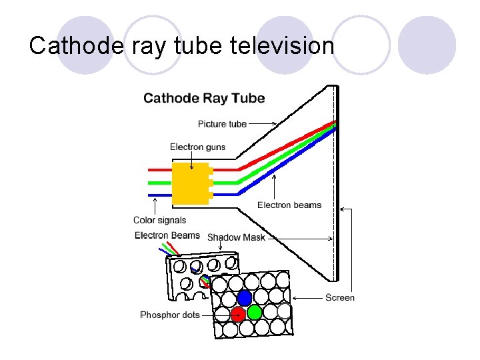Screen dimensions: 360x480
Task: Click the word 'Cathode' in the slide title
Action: click(67, 45)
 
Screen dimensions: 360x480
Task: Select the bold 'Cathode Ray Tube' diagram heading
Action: click(204, 99)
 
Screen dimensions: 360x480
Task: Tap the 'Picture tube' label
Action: click(222, 124)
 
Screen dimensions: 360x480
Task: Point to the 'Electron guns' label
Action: click(197, 147)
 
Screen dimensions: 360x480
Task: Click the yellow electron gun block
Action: click(191, 182)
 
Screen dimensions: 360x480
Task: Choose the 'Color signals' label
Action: click(159, 221)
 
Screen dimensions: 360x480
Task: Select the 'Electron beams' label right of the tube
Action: click(289, 205)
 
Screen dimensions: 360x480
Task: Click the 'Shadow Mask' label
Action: click(236, 237)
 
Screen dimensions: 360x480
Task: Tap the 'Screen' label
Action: click(340, 298)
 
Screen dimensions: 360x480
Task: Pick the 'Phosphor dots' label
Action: click(169, 315)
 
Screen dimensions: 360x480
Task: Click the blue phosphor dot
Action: click(245, 297)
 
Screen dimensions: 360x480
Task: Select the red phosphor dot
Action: click(237, 313)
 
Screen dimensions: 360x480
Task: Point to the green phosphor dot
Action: click(254, 312)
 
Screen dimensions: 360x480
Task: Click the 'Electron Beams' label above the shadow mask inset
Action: click(167, 235)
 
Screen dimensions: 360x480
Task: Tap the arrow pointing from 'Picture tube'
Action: click(263, 123)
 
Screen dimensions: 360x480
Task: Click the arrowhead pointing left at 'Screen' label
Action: click(296, 298)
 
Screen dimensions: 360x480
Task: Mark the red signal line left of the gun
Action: click(159, 169)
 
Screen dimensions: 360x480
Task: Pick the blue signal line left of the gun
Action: click(159, 194)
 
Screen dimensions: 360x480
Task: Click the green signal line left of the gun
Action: click(159, 182)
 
